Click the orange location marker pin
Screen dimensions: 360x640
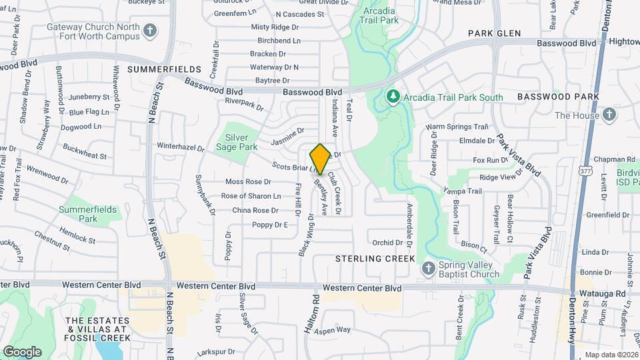tap(320, 159)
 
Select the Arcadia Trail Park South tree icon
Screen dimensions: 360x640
tap(393, 97)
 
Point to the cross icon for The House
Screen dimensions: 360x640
tap(609, 115)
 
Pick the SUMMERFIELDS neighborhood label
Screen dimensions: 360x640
tap(164, 69)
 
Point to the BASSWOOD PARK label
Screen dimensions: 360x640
tap(558, 97)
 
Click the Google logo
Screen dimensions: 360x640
tap(22, 351)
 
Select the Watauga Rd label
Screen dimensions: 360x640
tap(607, 293)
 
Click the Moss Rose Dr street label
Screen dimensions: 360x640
tap(248, 181)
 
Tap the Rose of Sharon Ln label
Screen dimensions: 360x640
tap(251, 196)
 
